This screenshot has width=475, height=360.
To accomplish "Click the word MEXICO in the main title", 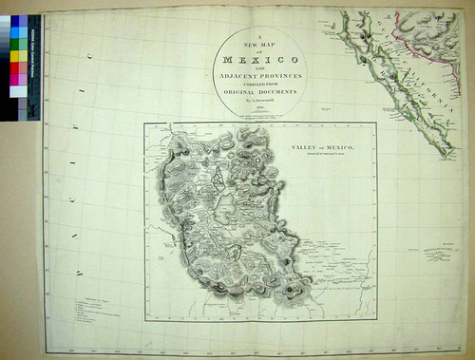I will click(256, 59).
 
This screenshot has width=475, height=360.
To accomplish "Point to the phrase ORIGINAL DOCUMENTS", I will click(256, 91).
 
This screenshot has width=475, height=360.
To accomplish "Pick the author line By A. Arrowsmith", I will click(256, 99).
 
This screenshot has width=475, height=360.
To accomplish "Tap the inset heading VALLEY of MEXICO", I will click(317, 149).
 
